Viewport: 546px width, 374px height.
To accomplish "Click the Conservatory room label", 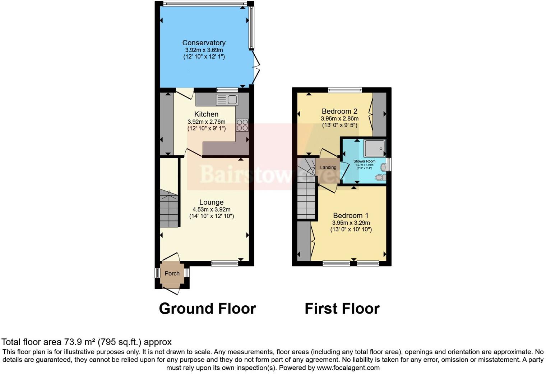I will click(204, 43).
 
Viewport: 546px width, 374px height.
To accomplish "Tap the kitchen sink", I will click(227, 100).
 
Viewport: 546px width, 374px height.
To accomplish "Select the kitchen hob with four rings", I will click(242, 125).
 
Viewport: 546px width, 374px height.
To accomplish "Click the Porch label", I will click(172, 274).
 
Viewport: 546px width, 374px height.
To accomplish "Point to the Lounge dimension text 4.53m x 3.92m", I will click(211, 210).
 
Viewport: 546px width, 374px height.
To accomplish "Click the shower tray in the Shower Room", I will click(375, 148).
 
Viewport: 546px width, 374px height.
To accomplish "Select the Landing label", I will click(328, 168).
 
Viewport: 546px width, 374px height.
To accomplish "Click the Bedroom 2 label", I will click(339, 111).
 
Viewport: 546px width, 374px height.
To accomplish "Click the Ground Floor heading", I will click(207, 309).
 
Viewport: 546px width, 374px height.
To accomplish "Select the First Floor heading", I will click(342, 309).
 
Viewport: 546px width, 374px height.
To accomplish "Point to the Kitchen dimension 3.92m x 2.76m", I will click(206, 122).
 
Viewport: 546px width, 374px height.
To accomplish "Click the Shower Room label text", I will click(364, 161).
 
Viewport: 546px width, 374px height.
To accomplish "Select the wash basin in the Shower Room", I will click(383, 167).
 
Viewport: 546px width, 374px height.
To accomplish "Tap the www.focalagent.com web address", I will click(348, 368).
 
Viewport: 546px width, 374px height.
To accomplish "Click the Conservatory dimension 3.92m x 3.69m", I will click(204, 50).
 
